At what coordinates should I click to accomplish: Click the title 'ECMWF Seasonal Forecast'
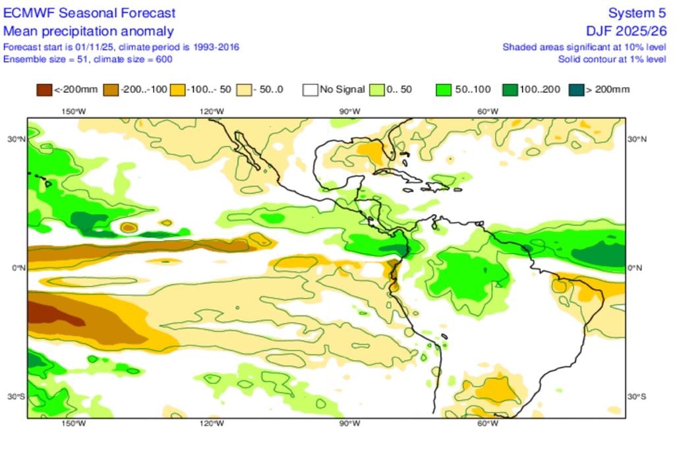[90, 13]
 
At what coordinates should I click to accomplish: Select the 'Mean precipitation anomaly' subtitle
[88, 31]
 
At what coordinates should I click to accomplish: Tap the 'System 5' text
[637, 13]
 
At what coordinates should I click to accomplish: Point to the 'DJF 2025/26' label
[626, 31]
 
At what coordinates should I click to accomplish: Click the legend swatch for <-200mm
[44, 89]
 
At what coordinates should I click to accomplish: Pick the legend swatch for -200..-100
[111, 89]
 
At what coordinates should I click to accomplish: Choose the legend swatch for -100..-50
[178, 89]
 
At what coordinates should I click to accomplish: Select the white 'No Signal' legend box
[310, 89]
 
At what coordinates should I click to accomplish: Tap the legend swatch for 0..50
[377, 89]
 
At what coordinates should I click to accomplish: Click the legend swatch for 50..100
[444, 89]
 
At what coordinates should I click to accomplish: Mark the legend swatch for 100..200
[511, 89]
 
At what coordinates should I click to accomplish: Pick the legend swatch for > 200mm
[577, 89]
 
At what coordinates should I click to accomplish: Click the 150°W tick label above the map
[73, 111]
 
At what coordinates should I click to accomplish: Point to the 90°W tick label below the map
[349, 424]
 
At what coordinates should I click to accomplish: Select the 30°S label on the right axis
[637, 397]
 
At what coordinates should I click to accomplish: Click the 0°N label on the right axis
[635, 268]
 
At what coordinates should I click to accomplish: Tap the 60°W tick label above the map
[487, 111]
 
